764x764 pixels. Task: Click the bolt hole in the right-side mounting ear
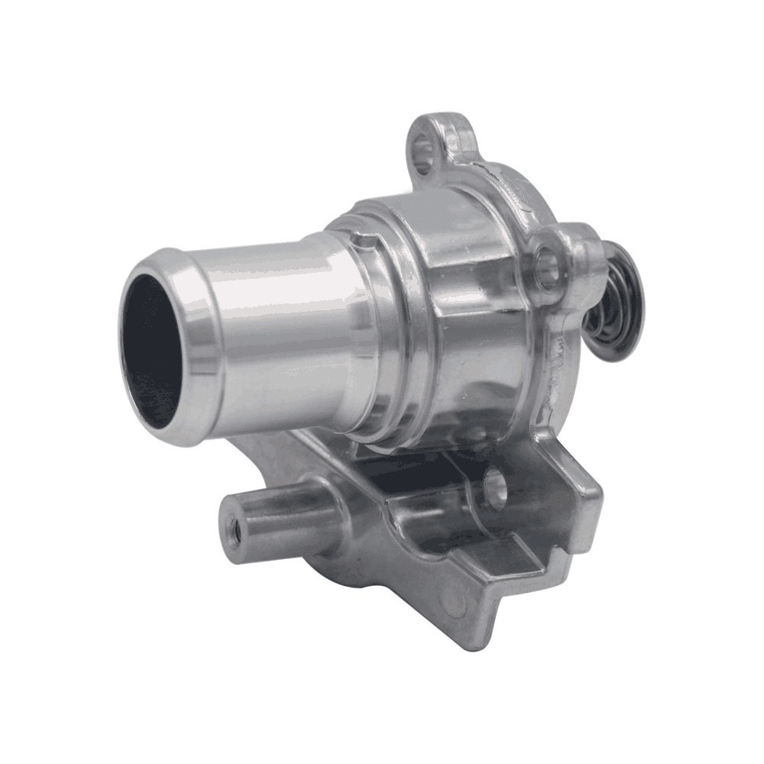pos(547,265)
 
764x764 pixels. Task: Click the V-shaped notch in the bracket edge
pos(520,581)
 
